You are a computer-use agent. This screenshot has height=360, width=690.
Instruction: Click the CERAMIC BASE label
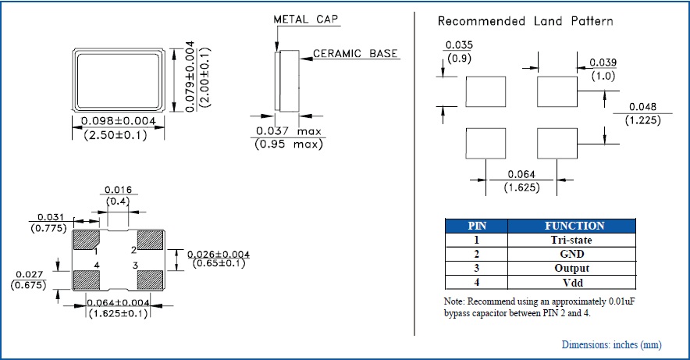click(x=356, y=54)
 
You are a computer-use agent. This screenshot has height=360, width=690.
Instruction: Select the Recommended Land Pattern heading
click(x=525, y=21)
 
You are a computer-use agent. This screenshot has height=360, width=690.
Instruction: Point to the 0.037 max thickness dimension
click(x=288, y=130)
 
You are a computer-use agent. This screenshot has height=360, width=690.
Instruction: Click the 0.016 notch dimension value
click(x=116, y=189)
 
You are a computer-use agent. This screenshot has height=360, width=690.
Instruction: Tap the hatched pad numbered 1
click(x=86, y=239)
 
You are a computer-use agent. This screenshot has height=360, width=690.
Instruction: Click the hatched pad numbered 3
click(x=149, y=279)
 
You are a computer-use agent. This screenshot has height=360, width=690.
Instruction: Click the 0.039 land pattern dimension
click(x=602, y=62)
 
